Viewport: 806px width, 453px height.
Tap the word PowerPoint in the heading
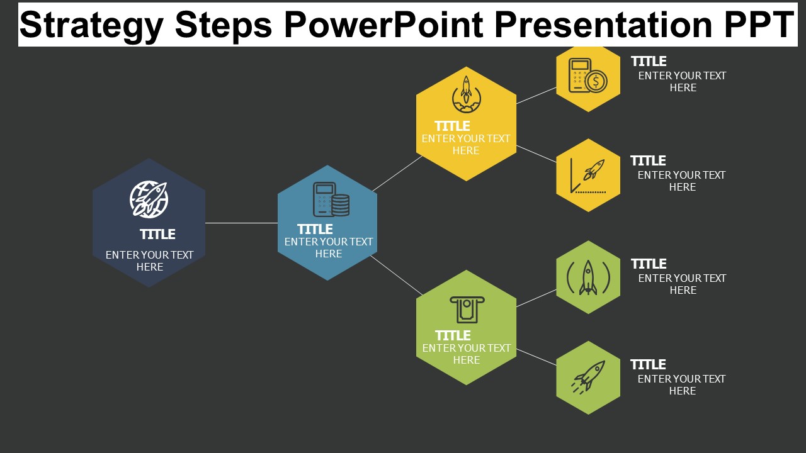(x=383, y=25)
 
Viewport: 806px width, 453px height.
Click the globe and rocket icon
(x=149, y=199)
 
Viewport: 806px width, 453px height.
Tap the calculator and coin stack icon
(x=331, y=199)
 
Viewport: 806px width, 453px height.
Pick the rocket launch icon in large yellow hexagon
(x=467, y=94)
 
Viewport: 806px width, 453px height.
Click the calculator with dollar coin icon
(x=588, y=75)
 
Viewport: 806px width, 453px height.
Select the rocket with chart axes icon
(x=588, y=176)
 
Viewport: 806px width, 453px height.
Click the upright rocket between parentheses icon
(x=588, y=277)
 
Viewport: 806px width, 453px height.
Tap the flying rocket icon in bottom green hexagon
(x=588, y=377)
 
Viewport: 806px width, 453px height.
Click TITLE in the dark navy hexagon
(x=157, y=235)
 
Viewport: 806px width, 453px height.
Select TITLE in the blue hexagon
(x=315, y=230)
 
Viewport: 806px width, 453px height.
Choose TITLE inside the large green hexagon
(x=453, y=336)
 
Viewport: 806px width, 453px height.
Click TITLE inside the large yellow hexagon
(x=452, y=126)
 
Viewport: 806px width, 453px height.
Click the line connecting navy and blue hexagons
(x=241, y=223)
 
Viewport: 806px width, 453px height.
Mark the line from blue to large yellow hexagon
(x=397, y=173)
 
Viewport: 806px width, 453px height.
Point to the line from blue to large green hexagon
(x=397, y=276)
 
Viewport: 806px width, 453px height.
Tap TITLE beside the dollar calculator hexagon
(x=649, y=62)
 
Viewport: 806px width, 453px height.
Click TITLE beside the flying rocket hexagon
(x=648, y=364)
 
